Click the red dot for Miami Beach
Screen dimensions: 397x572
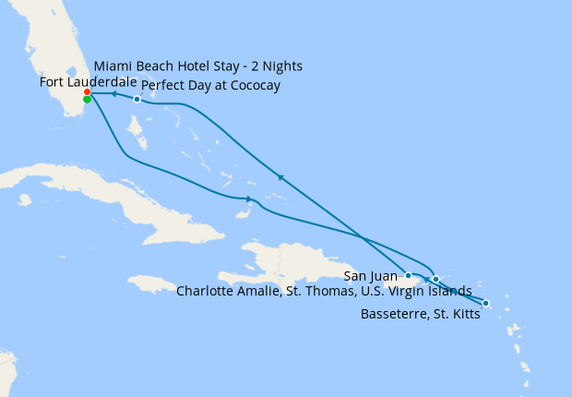pos(87,92)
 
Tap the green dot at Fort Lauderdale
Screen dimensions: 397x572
pos(87,100)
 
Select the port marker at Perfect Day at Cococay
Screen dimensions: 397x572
pos(137,99)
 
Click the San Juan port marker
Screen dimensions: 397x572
pos(408,275)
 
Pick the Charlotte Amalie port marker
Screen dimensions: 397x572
pos(435,279)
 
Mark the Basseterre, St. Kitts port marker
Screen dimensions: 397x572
pos(485,304)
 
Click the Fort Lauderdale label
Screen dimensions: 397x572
pos(89,82)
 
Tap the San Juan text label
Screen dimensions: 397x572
pos(371,275)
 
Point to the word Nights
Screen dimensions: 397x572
pos(280,66)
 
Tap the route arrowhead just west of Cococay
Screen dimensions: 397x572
pos(113,94)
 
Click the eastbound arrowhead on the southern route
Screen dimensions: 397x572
pos(249,199)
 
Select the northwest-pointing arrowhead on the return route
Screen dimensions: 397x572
pos(279,176)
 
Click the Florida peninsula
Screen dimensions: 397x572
pos(55,55)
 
